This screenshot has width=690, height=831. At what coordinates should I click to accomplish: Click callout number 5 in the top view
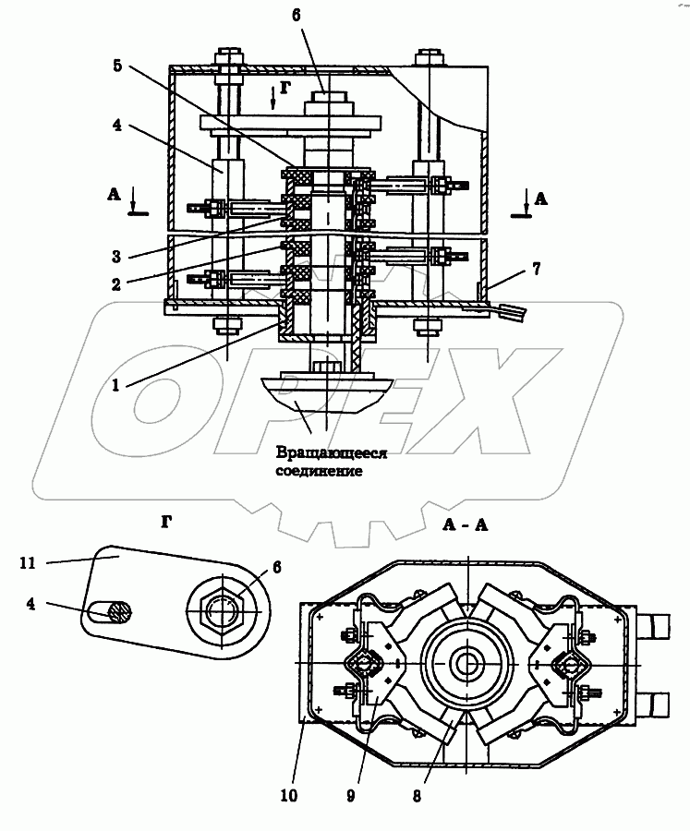point(117,66)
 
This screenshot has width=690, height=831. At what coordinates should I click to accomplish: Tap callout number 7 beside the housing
point(537,270)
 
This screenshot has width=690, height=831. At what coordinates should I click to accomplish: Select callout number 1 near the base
point(115,385)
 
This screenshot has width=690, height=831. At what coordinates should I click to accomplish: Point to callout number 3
point(116,257)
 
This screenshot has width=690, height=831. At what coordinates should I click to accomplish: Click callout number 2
point(116,284)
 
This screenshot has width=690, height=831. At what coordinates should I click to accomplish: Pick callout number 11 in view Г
point(28,563)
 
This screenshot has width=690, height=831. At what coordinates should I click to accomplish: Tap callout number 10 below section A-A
point(289,796)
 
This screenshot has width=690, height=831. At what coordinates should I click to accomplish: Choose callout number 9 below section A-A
point(350,796)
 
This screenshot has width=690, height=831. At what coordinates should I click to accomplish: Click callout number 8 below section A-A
point(417,796)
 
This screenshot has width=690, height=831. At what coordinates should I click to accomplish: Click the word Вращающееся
point(332,453)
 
